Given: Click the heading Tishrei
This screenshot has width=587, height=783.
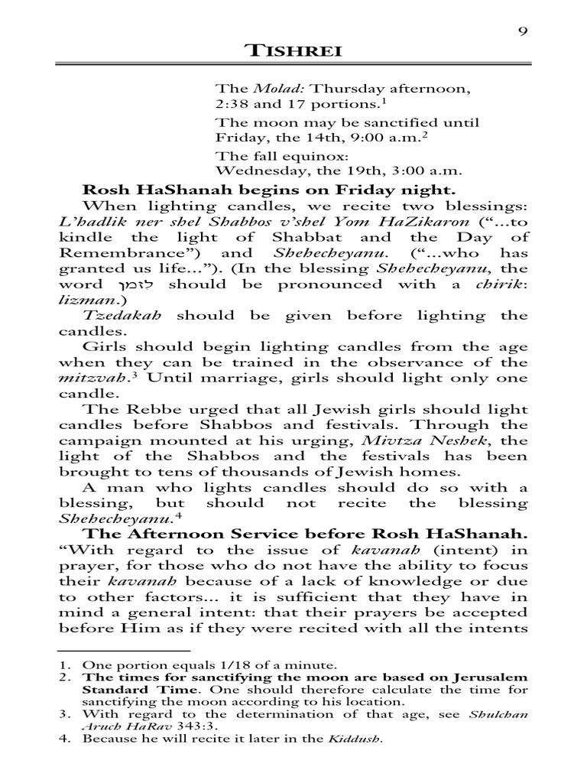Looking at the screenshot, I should [293, 52].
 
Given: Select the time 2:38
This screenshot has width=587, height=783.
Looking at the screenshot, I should [232, 104].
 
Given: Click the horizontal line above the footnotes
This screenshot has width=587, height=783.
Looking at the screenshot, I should [112, 651].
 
